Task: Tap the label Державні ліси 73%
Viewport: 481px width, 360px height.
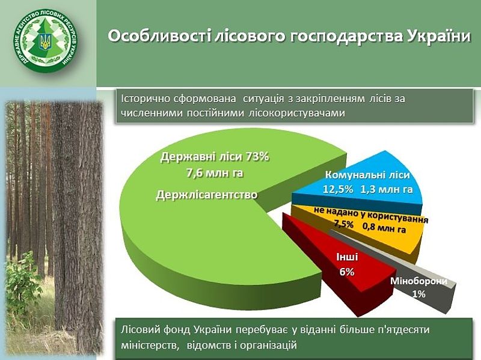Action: click(215, 157)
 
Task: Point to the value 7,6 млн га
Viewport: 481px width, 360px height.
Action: click(215, 173)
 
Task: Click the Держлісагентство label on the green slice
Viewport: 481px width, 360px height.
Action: click(207, 195)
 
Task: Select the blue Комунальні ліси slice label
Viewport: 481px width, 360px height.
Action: click(367, 175)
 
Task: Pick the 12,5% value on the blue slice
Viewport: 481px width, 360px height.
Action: click(338, 189)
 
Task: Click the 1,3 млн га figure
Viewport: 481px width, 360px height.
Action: click(387, 189)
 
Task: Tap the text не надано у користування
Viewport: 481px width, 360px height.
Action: click(371, 215)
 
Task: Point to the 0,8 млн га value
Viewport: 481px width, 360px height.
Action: click(384, 228)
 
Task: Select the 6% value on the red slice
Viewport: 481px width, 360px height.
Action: click(347, 272)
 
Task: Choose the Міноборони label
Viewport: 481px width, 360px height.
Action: click(419, 281)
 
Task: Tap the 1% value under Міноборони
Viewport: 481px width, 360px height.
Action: click(418, 294)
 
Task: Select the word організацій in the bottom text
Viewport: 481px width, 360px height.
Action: click(269, 346)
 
